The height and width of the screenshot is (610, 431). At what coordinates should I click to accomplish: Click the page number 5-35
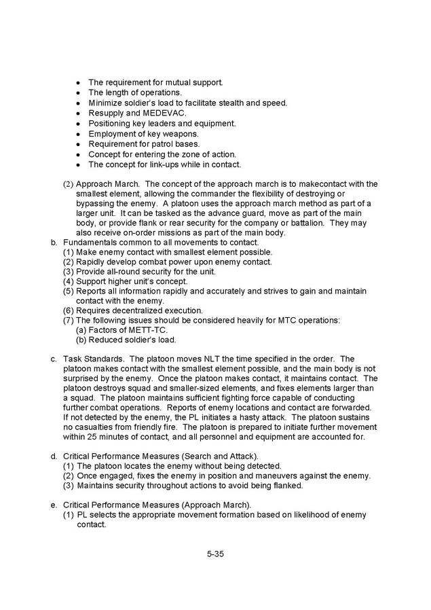[215, 554]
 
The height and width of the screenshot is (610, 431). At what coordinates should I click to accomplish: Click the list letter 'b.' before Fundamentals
[54, 243]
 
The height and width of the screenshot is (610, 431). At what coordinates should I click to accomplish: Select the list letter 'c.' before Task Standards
[54, 359]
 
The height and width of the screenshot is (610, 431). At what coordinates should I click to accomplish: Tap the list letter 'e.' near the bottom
[54, 505]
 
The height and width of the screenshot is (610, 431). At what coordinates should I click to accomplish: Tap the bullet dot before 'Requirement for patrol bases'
[79, 144]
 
